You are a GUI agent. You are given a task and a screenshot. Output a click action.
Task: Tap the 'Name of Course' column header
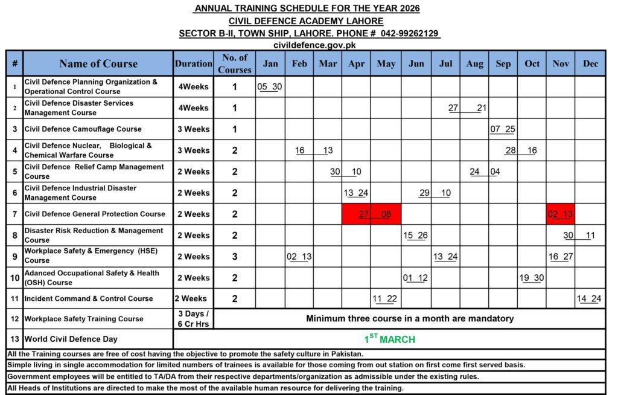click(98, 63)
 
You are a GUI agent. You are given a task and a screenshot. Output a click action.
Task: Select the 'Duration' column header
click(194, 63)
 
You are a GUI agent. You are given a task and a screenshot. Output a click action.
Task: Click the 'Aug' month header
click(474, 63)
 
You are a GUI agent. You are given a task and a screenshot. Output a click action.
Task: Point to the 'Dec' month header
click(590, 63)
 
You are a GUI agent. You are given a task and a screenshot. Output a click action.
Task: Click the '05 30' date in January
click(270, 86)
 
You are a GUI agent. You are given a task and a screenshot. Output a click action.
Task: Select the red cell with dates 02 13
click(560, 214)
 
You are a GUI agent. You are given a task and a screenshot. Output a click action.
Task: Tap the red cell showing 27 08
click(371, 214)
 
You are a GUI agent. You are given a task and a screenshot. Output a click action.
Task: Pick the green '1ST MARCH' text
click(389, 339)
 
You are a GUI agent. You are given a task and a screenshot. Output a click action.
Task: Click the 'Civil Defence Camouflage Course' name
click(83, 129)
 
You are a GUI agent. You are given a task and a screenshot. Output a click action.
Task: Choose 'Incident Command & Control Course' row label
click(89, 298)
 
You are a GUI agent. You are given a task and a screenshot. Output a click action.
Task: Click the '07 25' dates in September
click(503, 129)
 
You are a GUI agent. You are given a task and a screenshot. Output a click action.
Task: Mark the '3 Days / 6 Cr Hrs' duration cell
click(194, 318)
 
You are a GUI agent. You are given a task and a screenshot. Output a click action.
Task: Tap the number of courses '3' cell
click(235, 257)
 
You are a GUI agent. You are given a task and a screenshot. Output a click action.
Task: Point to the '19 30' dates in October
click(532, 278)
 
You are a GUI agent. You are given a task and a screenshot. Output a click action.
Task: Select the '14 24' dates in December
click(589, 298)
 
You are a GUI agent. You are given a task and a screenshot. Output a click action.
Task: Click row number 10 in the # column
click(14, 278)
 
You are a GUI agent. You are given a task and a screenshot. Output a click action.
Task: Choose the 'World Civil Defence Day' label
click(71, 339)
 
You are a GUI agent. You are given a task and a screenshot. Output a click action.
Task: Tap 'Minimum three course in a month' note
click(410, 318)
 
